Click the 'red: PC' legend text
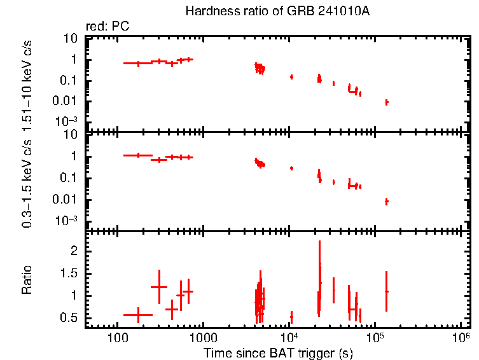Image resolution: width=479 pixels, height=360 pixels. (x=112, y=27)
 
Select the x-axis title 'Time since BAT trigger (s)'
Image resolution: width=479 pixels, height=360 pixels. (x=278, y=352)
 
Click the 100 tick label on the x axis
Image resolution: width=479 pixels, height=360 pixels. (x=117, y=336)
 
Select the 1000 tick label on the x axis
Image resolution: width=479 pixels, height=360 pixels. (x=203, y=336)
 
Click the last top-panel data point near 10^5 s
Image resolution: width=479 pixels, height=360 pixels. (x=386, y=102)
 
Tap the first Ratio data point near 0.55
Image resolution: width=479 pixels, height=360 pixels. (x=137, y=315)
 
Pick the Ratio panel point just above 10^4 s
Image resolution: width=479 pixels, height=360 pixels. (x=291, y=316)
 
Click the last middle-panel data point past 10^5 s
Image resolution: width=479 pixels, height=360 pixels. (x=386, y=201)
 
